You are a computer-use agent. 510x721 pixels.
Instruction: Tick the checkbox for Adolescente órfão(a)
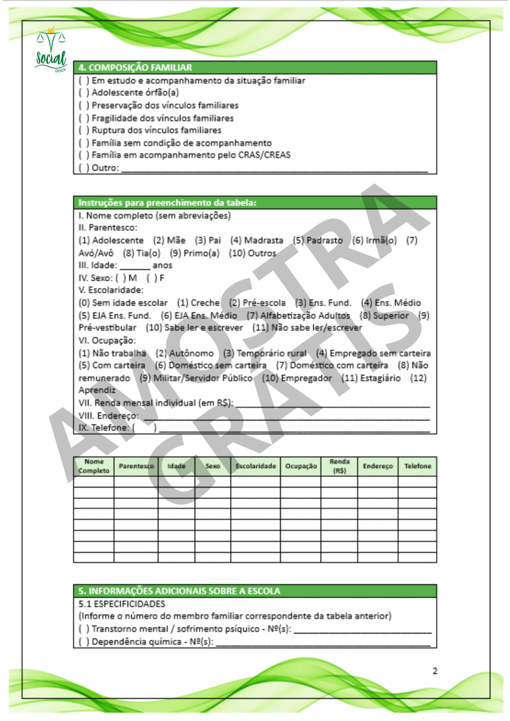point(84,93)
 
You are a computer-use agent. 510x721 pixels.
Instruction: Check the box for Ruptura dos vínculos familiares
point(84,130)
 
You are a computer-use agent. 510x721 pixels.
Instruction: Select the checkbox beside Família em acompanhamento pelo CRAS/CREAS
point(84,155)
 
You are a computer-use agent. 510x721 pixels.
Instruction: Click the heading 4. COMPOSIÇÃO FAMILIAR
point(135,68)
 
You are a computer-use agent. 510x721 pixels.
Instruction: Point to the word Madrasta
point(263,240)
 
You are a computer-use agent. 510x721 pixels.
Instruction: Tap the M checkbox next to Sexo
point(121,278)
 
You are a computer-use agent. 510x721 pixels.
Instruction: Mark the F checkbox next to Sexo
point(152,278)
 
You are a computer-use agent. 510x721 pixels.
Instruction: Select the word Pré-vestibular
point(107,328)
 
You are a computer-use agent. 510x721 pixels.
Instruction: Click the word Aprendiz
point(97,390)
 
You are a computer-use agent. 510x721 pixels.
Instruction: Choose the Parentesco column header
point(136,466)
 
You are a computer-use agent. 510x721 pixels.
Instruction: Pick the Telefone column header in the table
point(417,466)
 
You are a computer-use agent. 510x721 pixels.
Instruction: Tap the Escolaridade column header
point(255,466)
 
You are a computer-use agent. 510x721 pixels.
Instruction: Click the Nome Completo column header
point(94,466)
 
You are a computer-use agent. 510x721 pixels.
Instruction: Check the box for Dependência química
point(84,642)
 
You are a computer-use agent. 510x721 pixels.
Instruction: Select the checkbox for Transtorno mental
point(84,629)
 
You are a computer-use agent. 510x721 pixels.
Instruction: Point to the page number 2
point(435,671)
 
